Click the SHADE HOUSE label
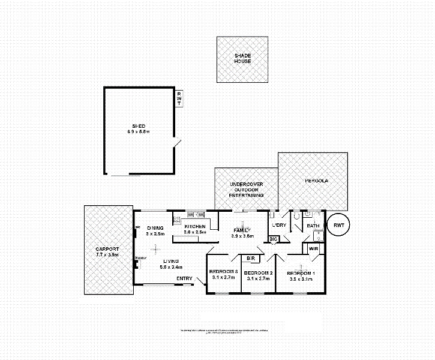click(242, 58)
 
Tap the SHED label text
click(139, 125)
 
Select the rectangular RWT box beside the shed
click(178, 98)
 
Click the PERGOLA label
click(316, 180)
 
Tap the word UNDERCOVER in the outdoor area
click(246, 184)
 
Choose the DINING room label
click(155, 227)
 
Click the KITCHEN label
click(195, 226)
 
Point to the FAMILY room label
click(243, 230)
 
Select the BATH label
click(313, 226)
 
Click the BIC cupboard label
click(273, 239)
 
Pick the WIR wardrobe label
click(313, 248)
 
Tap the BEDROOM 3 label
click(224, 272)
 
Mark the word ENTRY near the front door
click(184, 278)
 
